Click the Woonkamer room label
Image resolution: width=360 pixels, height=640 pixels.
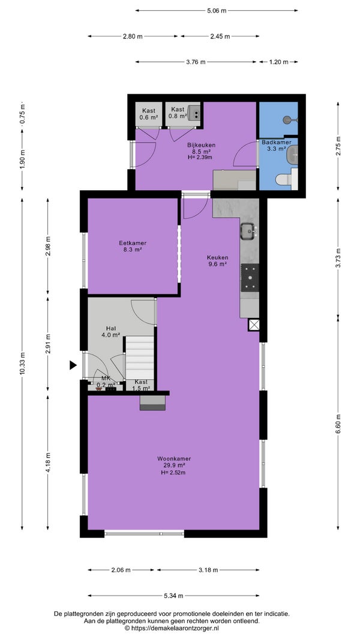[174, 458]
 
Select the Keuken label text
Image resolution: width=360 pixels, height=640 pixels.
[217, 257]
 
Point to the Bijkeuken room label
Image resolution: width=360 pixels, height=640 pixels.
[201, 145]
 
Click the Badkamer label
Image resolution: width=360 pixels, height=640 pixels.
[277, 142]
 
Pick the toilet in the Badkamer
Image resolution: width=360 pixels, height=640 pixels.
[287, 179]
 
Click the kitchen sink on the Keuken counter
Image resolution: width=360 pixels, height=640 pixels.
[247, 231]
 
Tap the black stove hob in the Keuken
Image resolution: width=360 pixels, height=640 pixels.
[250, 277]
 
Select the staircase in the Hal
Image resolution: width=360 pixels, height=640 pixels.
[139, 357]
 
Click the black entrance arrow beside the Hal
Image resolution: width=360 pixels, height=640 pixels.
[73, 365]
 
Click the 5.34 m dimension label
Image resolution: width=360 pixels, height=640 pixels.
[173, 596]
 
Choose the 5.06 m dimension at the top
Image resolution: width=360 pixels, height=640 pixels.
[217, 11]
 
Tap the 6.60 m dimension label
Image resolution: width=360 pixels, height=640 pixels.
[338, 423]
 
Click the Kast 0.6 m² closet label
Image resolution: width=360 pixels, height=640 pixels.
[149, 114]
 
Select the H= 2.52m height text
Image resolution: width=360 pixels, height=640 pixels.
[173, 472]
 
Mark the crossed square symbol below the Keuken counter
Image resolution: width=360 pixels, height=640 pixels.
[253, 325]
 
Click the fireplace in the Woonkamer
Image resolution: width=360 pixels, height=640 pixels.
[152, 402]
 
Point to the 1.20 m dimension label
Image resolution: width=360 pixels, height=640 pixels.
[278, 62]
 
